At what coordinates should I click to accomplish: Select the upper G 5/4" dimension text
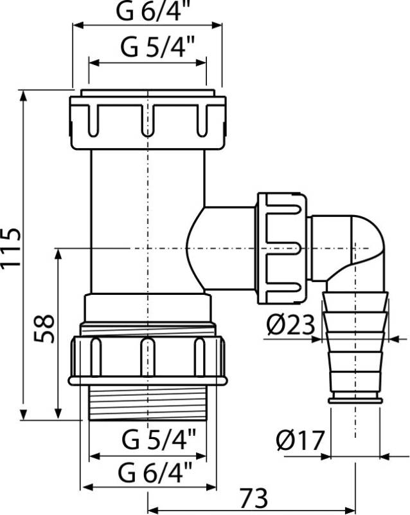click(x=148, y=48)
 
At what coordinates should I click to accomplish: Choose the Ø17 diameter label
click(x=299, y=441)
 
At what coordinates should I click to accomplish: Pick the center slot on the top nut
click(x=148, y=119)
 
